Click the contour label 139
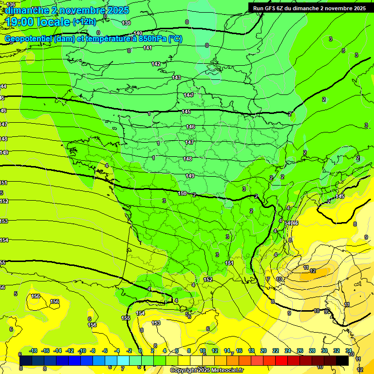[x=126, y=23]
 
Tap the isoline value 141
[x=148, y=48]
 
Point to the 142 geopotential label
[x=156, y=64]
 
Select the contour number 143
[x=176, y=77]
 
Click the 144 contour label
[x=188, y=95]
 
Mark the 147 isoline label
[x=189, y=142]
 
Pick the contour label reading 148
[x=187, y=159]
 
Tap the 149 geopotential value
[x=190, y=176]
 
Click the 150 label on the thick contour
[x=182, y=193]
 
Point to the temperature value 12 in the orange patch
[x=313, y=271]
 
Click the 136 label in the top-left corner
[x=11, y=4]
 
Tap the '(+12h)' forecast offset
[x=84, y=21]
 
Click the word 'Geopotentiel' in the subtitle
[x=28, y=39]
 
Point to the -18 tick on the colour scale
[x=34, y=351]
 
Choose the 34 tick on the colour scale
[x=349, y=351]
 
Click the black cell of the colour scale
[x=342, y=360]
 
